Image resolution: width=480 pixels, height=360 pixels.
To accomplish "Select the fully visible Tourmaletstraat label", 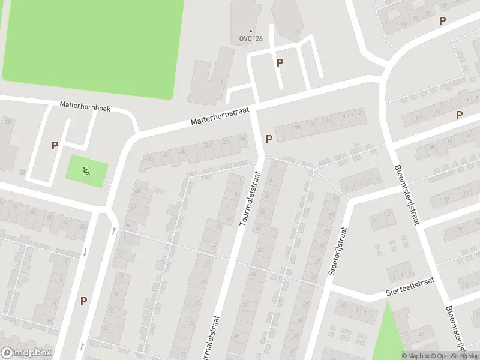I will tap(251, 198).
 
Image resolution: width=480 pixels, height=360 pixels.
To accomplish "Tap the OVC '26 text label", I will tap(251, 39).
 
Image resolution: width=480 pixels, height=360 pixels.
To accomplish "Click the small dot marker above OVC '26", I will tap(251, 31).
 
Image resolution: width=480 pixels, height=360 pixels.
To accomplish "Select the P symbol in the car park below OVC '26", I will tap(280, 62).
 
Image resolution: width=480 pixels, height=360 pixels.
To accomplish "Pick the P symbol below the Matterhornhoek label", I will tap(55, 145).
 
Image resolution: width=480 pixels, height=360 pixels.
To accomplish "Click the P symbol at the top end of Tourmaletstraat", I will tap(269, 139).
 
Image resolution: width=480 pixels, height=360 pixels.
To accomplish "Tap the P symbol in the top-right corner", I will tap(442, 20).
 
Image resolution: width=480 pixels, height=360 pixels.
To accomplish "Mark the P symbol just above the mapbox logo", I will tap(83, 301).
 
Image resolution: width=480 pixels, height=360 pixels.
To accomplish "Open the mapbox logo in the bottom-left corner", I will tap(27, 353).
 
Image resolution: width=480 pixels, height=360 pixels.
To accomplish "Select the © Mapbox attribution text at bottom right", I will tap(416, 356).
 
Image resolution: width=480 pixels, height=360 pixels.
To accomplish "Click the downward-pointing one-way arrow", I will tap(85, 252).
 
